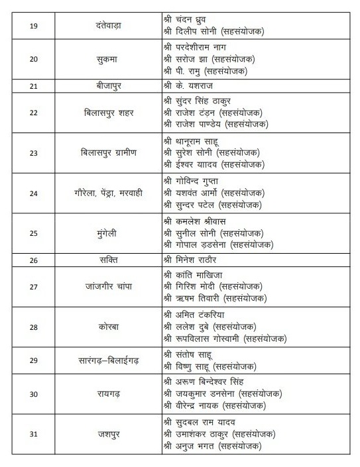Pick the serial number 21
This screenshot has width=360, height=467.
[34, 86]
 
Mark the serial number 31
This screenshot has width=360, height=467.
[34, 435]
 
